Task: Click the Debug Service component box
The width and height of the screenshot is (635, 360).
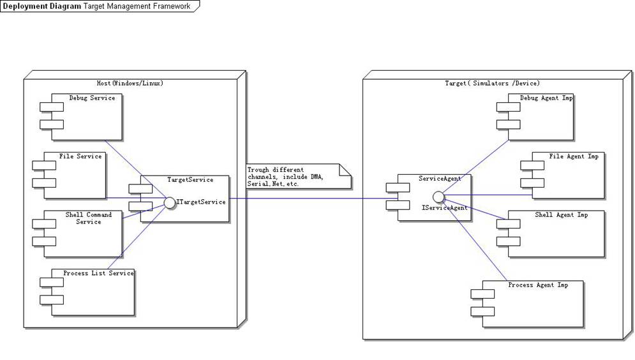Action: click(x=86, y=117)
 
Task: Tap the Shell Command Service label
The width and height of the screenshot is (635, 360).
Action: click(x=89, y=218)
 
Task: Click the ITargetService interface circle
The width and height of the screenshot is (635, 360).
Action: click(x=169, y=202)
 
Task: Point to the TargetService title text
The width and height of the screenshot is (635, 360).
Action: click(x=190, y=180)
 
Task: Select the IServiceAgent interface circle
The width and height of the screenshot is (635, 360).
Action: click(x=438, y=195)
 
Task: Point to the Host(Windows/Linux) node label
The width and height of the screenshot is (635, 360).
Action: click(x=129, y=83)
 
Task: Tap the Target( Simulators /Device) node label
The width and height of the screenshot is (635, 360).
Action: click(x=492, y=83)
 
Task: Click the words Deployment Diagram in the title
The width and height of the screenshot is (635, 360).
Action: click(x=42, y=6)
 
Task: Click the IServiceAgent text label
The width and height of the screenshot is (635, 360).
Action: click(x=445, y=208)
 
